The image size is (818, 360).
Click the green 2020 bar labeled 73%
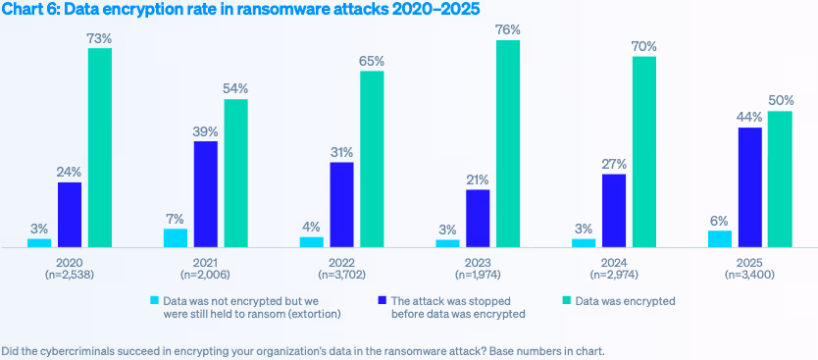point(100,147)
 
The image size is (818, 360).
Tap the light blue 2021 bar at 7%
point(176,237)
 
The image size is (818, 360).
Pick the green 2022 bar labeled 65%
point(372,158)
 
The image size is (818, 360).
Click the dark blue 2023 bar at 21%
point(478,218)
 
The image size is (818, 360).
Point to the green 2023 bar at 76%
point(508,143)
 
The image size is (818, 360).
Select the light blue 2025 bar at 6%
point(720,238)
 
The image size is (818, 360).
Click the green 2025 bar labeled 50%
point(780,179)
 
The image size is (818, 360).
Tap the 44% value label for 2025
point(749,117)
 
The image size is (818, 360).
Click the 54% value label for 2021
point(235,88)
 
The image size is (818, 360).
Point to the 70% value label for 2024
point(644,46)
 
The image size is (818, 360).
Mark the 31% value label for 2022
point(341,151)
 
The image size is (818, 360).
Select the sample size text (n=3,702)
point(341,277)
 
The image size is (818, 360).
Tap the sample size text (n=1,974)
point(478,277)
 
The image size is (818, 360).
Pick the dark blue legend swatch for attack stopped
point(382,300)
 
